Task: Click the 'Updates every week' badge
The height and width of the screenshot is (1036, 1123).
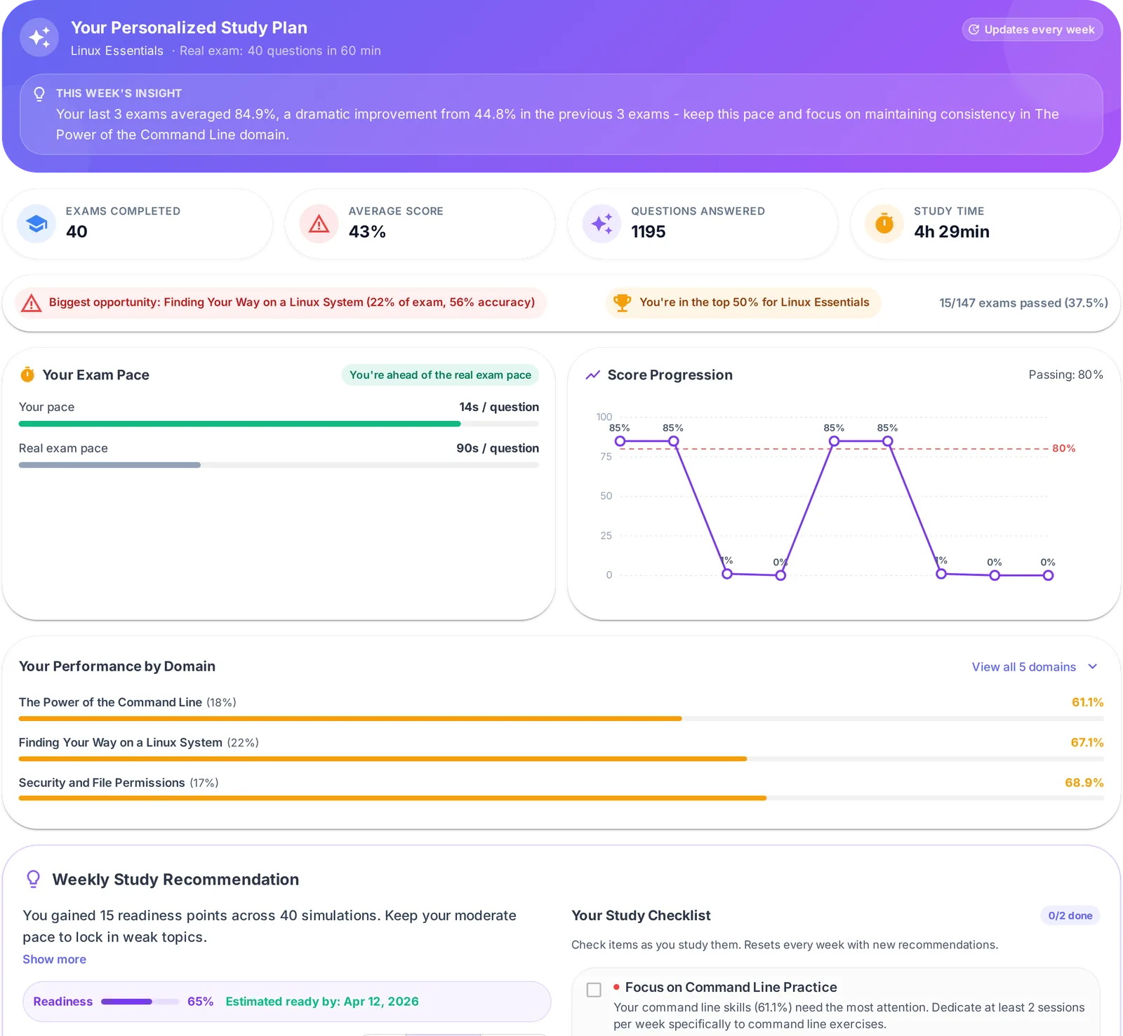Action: point(1032,29)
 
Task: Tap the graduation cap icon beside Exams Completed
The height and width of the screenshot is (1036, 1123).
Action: point(36,224)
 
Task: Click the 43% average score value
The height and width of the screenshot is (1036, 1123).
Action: point(367,231)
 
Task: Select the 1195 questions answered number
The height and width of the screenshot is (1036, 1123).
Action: point(648,231)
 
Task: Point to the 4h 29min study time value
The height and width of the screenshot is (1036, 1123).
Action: point(951,231)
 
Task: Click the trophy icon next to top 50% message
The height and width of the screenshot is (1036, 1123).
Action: point(622,302)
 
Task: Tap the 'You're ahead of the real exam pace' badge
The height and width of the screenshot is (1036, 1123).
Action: point(440,375)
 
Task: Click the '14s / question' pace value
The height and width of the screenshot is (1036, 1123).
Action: point(499,407)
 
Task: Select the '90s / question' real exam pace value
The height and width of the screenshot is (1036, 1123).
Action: point(498,448)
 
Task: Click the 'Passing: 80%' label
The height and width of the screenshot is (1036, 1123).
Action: point(1065,375)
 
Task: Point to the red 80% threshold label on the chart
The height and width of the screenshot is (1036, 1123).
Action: point(1063,448)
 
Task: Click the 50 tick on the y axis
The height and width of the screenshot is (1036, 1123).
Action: point(606,496)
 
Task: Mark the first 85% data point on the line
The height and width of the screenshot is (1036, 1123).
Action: point(620,441)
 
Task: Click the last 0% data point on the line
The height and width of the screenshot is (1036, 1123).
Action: point(1048,575)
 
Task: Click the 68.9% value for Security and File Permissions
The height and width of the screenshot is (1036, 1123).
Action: point(1084,782)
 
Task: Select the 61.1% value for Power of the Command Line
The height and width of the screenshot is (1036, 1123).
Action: point(1087,702)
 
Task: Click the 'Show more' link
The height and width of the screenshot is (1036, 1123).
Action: point(54,959)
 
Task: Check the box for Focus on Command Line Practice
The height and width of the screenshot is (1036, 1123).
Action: point(594,990)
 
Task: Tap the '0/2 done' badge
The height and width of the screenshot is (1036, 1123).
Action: point(1070,915)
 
